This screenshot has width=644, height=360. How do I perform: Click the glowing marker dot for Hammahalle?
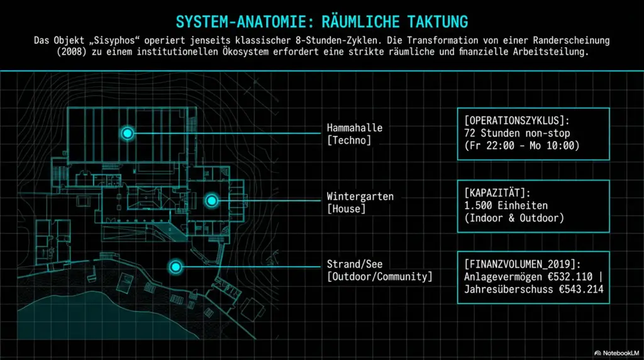pos(128,133)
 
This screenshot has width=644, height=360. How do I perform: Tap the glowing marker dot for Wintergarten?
pos(212,201)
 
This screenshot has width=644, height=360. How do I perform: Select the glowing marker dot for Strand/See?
pos(175,267)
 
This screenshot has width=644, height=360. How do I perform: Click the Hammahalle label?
pos(354,128)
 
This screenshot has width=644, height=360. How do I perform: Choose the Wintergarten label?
pos(360,196)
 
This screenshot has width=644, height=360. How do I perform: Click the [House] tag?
pos(346,208)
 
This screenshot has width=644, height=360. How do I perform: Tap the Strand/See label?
pos(354,264)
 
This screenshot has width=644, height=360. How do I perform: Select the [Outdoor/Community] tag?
pos(379,276)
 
